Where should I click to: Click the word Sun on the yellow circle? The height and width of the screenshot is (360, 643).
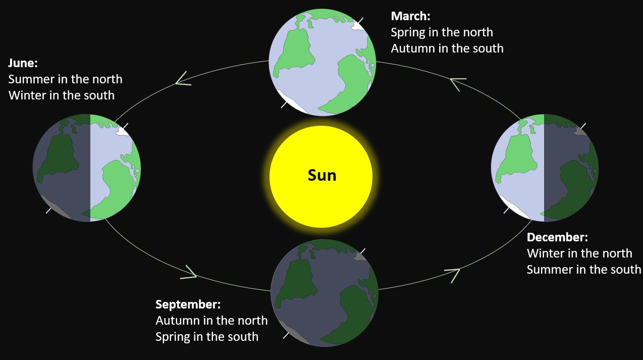coord(322,175)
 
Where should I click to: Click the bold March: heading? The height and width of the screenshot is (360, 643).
coord(410,16)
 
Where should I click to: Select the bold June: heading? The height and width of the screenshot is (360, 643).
coord(23,63)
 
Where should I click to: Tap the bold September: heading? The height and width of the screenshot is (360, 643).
coord(188,304)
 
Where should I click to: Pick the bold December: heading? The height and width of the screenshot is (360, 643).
coord(557,237)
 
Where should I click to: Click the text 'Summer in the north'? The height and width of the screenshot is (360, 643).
coord(65,79)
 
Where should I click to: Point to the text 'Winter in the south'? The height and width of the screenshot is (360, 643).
coord(62,95)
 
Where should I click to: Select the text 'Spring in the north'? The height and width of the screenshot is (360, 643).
coord(442,32)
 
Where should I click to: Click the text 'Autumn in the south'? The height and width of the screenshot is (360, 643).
coord(447,48)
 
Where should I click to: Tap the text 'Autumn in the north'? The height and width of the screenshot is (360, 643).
coord(211,321)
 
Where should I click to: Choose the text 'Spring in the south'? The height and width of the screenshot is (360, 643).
coord(207,337)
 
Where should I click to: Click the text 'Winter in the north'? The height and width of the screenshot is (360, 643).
coord(579,253)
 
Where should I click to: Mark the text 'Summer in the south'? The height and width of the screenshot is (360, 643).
coord(583,270)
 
